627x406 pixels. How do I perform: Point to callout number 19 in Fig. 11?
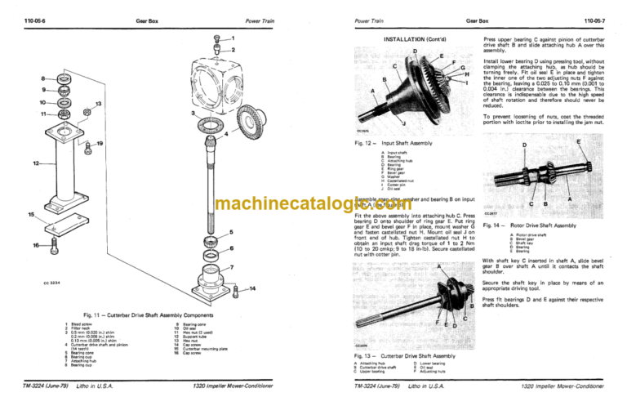[100, 144]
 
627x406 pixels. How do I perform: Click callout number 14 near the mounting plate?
[252, 289]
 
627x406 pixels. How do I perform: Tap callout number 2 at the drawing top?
[233, 51]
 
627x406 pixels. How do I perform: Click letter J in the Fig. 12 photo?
[382, 123]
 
